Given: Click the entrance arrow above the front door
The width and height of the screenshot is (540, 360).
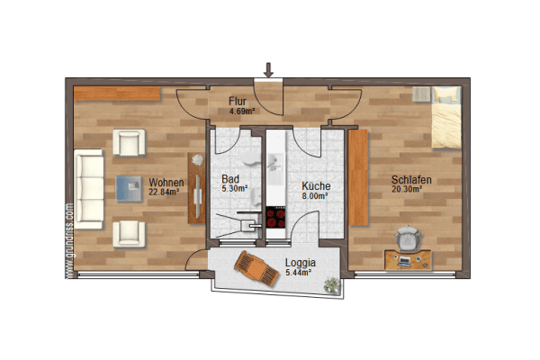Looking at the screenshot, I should (x=268, y=69).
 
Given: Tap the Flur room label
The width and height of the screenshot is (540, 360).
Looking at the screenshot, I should (x=238, y=102).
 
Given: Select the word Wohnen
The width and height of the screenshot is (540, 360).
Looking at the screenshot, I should (x=166, y=181).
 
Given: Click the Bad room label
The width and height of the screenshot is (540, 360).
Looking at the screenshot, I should (x=230, y=179).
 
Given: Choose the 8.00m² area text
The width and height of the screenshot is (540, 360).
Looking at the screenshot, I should (x=313, y=194).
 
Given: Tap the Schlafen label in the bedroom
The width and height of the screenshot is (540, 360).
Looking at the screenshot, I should (x=410, y=180).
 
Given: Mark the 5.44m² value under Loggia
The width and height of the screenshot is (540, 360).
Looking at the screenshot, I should (x=297, y=272).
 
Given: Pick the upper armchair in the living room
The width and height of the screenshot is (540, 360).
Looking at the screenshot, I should (x=129, y=142).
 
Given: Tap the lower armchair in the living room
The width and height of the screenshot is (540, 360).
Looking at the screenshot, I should (x=129, y=233).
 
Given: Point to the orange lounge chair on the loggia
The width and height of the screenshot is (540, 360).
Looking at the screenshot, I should (x=256, y=267).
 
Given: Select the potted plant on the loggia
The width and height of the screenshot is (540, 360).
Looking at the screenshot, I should (x=333, y=285).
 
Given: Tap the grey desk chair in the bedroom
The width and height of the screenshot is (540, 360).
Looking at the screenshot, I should (x=408, y=240).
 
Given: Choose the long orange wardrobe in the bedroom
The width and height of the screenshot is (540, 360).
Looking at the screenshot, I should (x=358, y=178).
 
